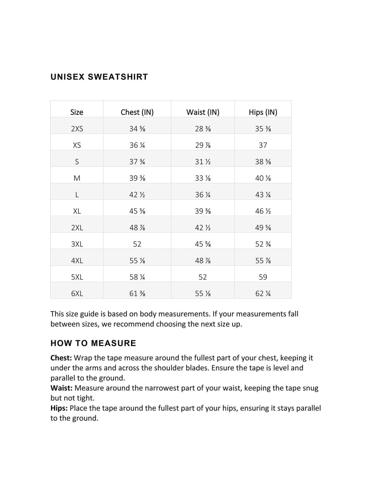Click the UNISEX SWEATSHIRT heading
point(99,77)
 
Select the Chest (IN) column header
point(137,112)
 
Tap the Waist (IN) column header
point(203,112)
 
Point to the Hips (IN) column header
point(263,112)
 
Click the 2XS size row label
point(77,129)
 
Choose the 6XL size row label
point(77,294)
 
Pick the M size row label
point(77,178)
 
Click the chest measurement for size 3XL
point(137,244)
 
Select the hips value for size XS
point(263,145)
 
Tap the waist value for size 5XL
point(203,277)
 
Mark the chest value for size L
point(137,195)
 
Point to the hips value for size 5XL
point(263,277)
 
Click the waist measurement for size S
point(203,162)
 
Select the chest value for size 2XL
point(137,228)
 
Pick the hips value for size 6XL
point(263,294)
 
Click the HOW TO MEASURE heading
point(93,343)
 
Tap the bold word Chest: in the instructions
point(61,358)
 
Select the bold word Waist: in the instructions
point(62,388)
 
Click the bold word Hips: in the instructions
point(59,408)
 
